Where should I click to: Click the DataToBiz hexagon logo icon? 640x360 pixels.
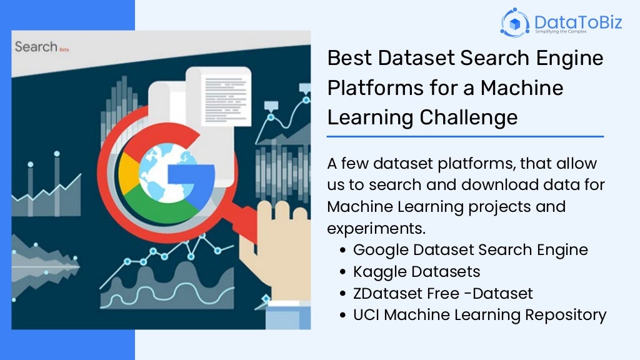coord(516,22)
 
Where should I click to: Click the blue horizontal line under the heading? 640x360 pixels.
coord(465,136)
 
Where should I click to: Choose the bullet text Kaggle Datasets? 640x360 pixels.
coord(416,271)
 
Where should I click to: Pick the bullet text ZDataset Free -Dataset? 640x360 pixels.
coord(442,293)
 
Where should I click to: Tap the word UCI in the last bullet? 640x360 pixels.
coord(366,315)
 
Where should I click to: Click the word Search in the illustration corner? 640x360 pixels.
coord(36,47)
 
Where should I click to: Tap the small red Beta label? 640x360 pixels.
coord(64,49)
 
